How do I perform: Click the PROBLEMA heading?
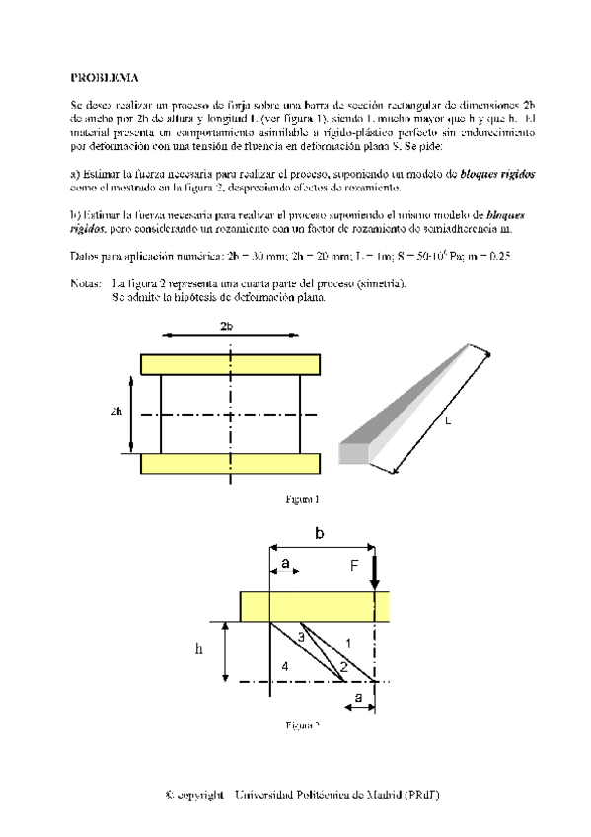point(104,76)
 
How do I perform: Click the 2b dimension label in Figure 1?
point(226,326)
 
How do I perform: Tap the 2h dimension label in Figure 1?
point(117,413)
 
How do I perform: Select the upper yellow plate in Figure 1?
point(229,364)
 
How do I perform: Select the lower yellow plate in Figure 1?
point(229,464)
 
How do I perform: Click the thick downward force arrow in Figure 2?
point(376,571)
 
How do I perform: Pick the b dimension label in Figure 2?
point(319,533)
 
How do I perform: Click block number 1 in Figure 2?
point(347,643)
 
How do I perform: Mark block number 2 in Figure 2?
point(342,667)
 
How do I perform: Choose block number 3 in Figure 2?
point(300,638)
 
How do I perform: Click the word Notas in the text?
point(87,283)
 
